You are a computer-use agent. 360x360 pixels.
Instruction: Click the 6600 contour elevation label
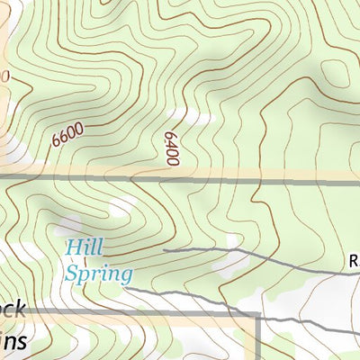click(x=68, y=135)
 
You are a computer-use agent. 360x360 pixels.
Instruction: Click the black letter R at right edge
click(x=354, y=262)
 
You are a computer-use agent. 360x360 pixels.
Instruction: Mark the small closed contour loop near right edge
click(x=334, y=72)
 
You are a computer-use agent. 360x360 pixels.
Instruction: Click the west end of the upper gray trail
click(x=165, y=247)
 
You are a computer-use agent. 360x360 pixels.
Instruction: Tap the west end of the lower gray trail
click(x=134, y=291)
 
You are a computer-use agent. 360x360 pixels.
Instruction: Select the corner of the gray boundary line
click(x=258, y=315)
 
